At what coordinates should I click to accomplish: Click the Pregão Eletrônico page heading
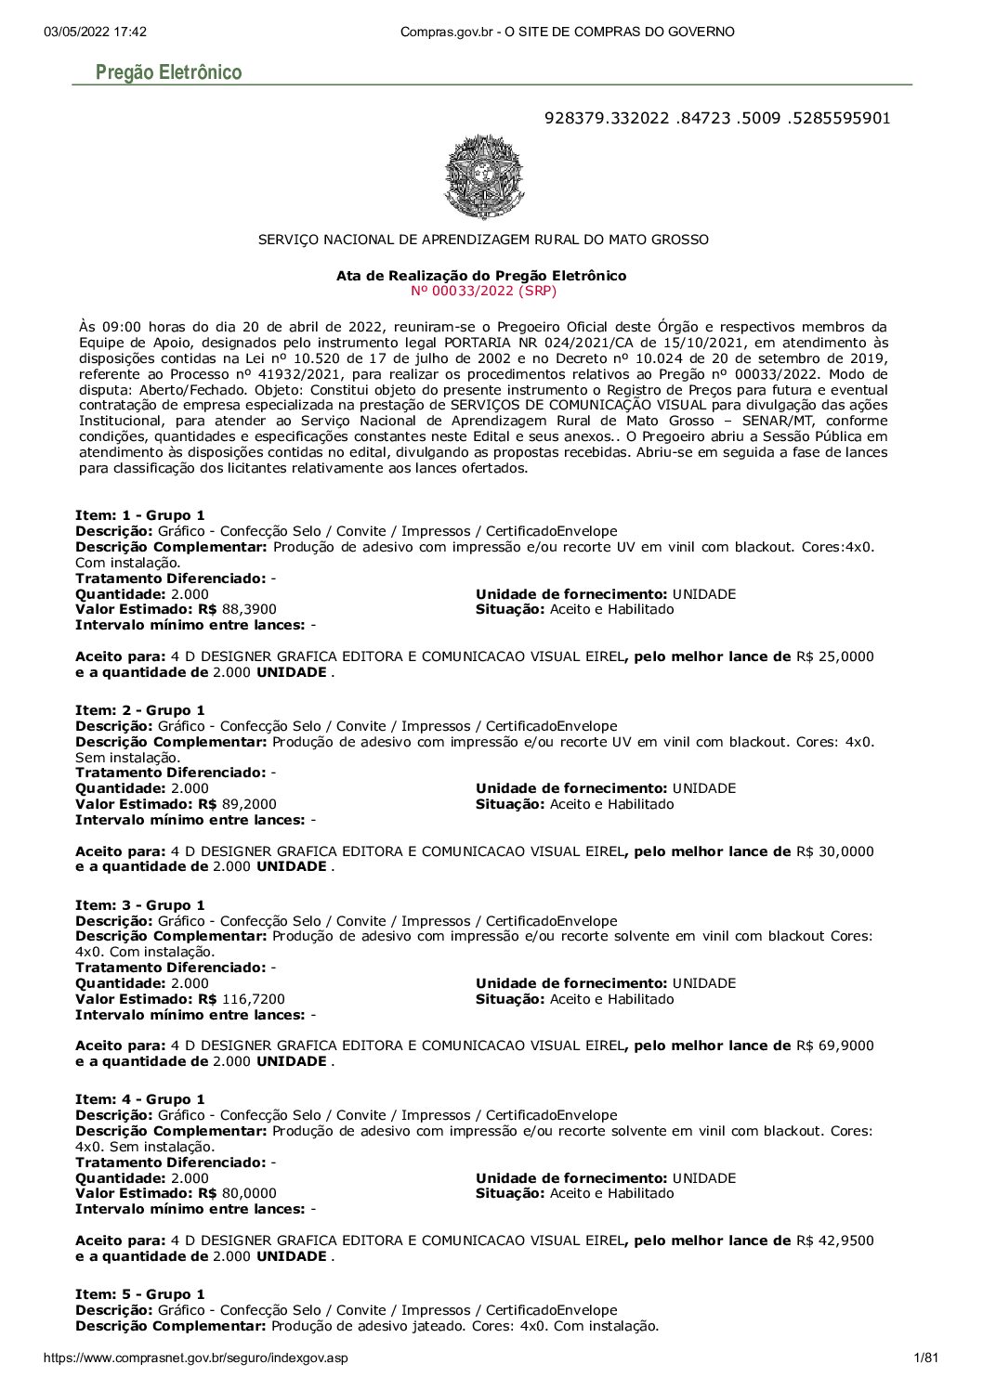[x=168, y=72]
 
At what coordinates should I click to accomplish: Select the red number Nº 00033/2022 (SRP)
[x=482, y=291]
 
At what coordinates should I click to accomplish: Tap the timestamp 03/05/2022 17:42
[x=95, y=32]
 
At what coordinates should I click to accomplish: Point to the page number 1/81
[x=926, y=1358]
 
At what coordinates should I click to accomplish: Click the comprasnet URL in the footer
[x=195, y=1358]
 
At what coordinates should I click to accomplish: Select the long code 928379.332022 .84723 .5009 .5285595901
[x=716, y=118]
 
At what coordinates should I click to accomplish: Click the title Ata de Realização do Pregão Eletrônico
[x=480, y=276]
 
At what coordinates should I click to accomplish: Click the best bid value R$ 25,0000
[x=834, y=656]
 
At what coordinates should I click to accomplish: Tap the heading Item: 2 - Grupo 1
[x=139, y=710]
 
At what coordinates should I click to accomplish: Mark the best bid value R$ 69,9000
[x=834, y=1046]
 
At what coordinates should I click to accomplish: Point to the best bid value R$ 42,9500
[x=834, y=1241]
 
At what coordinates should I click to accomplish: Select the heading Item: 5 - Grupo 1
[x=139, y=1294]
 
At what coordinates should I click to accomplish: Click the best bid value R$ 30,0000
[x=834, y=851]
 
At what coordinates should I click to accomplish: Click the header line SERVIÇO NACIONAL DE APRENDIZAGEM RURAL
[x=483, y=240]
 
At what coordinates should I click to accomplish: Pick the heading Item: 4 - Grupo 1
[x=139, y=1099]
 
